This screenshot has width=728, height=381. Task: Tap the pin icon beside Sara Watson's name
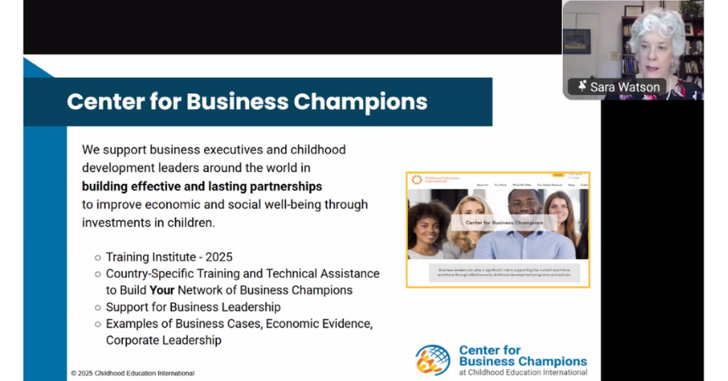point(583,86)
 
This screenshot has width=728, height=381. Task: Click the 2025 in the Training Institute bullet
point(217,257)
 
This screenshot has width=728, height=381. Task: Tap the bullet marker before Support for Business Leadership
point(97,307)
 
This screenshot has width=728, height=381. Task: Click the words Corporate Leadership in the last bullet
point(163,340)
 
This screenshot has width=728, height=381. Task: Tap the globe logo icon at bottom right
point(433,360)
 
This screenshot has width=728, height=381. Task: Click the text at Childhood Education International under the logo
point(522,372)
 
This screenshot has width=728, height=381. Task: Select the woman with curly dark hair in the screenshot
point(429,229)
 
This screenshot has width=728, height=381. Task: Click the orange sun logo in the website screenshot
point(416,179)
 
